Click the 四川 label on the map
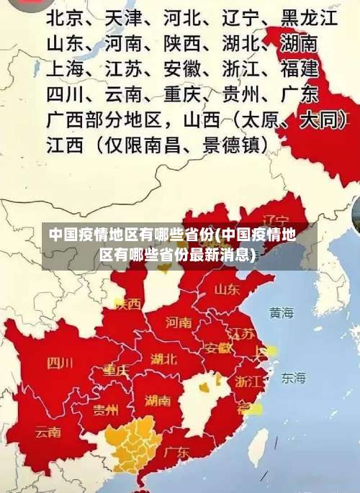(60, 363)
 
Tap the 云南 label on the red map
(49, 433)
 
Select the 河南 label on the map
(179, 322)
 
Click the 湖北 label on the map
(164, 358)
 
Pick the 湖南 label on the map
(158, 400)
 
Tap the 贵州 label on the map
(106, 410)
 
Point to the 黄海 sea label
(282, 312)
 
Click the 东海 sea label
(293, 377)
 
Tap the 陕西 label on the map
(128, 304)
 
